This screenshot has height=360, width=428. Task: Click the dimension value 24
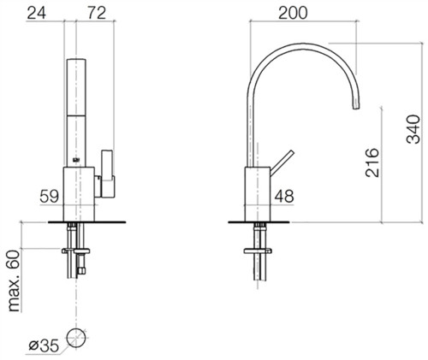pos(36,13)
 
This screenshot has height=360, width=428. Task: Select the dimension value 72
pos(97,13)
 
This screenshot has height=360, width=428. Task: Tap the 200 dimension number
pos(293,13)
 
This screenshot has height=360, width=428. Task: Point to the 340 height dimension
pos(413,129)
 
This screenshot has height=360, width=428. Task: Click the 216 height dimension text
pos(372,162)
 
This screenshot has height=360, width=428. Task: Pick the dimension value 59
pos(49,196)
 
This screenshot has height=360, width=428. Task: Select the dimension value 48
pos(284,196)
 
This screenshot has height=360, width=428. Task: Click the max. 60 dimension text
pos(14,280)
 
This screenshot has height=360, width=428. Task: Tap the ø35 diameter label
pos(44,345)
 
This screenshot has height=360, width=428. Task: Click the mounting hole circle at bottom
pos(76,338)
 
